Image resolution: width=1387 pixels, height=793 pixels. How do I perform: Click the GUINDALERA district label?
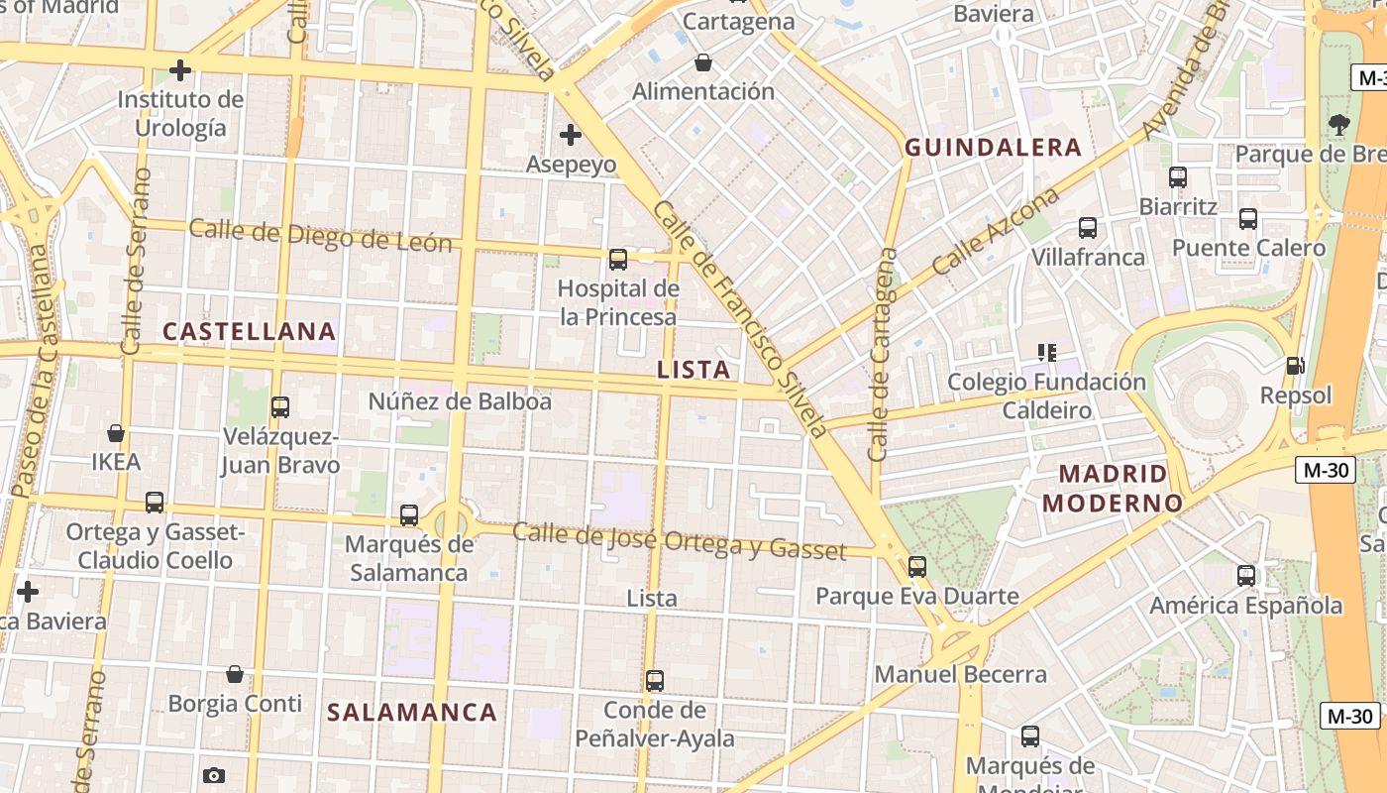point(993,148)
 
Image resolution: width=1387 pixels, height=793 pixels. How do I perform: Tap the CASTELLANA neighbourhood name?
point(249,331)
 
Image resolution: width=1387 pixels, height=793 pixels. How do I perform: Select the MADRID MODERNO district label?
point(1112,488)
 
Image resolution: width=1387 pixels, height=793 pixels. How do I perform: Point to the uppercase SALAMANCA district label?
point(412,712)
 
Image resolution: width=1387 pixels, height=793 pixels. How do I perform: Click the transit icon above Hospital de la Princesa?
point(618,260)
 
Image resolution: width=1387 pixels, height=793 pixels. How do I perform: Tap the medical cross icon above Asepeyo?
point(570,134)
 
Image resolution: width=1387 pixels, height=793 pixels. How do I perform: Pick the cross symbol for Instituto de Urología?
point(179,70)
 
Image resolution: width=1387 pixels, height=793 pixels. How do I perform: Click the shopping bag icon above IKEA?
point(116,433)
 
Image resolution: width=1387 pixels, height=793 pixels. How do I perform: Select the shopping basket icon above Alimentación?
point(702,62)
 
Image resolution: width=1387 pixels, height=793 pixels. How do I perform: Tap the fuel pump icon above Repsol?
point(1295,366)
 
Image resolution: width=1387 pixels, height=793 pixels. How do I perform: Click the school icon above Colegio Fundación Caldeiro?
point(1046,352)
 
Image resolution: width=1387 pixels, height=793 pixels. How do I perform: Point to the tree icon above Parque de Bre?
point(1338,124)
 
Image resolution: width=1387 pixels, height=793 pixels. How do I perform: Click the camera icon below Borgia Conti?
point(214,775)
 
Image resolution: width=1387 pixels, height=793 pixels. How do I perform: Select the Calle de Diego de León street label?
point(320,236)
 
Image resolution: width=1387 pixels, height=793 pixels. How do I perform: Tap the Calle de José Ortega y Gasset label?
point(679,540)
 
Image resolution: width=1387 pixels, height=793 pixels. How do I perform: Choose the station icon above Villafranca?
point(1087,228)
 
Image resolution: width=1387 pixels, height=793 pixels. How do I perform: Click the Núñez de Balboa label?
point(460,401)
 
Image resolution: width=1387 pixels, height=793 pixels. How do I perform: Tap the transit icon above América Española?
point(1245,576)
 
